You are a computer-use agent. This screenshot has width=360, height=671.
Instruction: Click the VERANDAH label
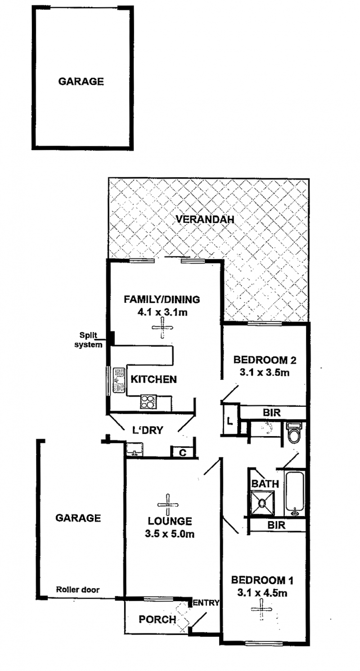point(205,219)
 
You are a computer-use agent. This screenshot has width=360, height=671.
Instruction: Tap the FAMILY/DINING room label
point(162,299)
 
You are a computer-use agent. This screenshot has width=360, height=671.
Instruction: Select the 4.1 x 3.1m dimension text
point(162,312)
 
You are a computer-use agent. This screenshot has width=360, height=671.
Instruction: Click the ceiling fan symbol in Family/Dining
point(162,328)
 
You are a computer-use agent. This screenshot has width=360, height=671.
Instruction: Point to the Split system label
point(88,340)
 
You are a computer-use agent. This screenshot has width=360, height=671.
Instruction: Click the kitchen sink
point(119,380)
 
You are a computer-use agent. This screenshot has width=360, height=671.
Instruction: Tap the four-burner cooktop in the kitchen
point(148,402)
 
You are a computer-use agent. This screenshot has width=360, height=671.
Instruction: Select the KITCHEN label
point(153,379)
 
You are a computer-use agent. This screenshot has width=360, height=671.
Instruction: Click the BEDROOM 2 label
point(265,360)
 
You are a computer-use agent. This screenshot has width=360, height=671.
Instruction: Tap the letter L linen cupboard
point(229,421)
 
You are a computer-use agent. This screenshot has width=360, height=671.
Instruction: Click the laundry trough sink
point(135,449)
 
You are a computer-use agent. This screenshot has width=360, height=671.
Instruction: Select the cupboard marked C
point(183,452)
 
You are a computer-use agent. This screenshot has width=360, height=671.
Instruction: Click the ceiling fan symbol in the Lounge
point(168,504)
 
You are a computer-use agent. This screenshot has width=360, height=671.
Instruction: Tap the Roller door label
point(78,590)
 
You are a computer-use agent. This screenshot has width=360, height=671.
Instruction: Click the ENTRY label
point(206,603)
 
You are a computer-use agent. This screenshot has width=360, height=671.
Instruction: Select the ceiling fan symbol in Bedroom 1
point(261,609)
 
